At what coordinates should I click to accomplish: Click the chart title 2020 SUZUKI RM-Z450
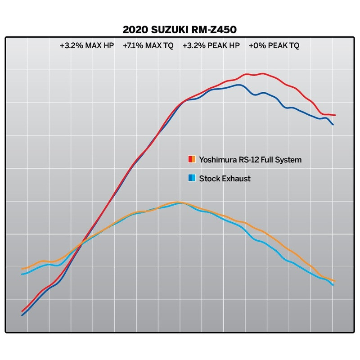click(180, 29)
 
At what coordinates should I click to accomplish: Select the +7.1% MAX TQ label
click(148, 45)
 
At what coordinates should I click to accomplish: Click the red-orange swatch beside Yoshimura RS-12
click(191, 159)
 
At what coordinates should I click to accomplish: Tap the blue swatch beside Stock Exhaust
click(191, 178)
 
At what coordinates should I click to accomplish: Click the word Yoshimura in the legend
click(217, 159)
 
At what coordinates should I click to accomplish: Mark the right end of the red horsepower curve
click(335, 115)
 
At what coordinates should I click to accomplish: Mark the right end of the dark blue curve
click(333, 124)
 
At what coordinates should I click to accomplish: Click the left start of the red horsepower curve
click(22, 311)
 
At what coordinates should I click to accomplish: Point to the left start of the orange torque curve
click(22, 269)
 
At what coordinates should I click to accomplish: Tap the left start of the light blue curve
click(22, 274)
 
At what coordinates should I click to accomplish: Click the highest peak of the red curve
click(262, 74)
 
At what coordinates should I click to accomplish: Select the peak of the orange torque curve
click(178, 202)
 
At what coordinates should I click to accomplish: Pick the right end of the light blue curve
click(333, 285)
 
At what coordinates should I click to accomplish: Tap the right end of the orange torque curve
click(335, 281)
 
